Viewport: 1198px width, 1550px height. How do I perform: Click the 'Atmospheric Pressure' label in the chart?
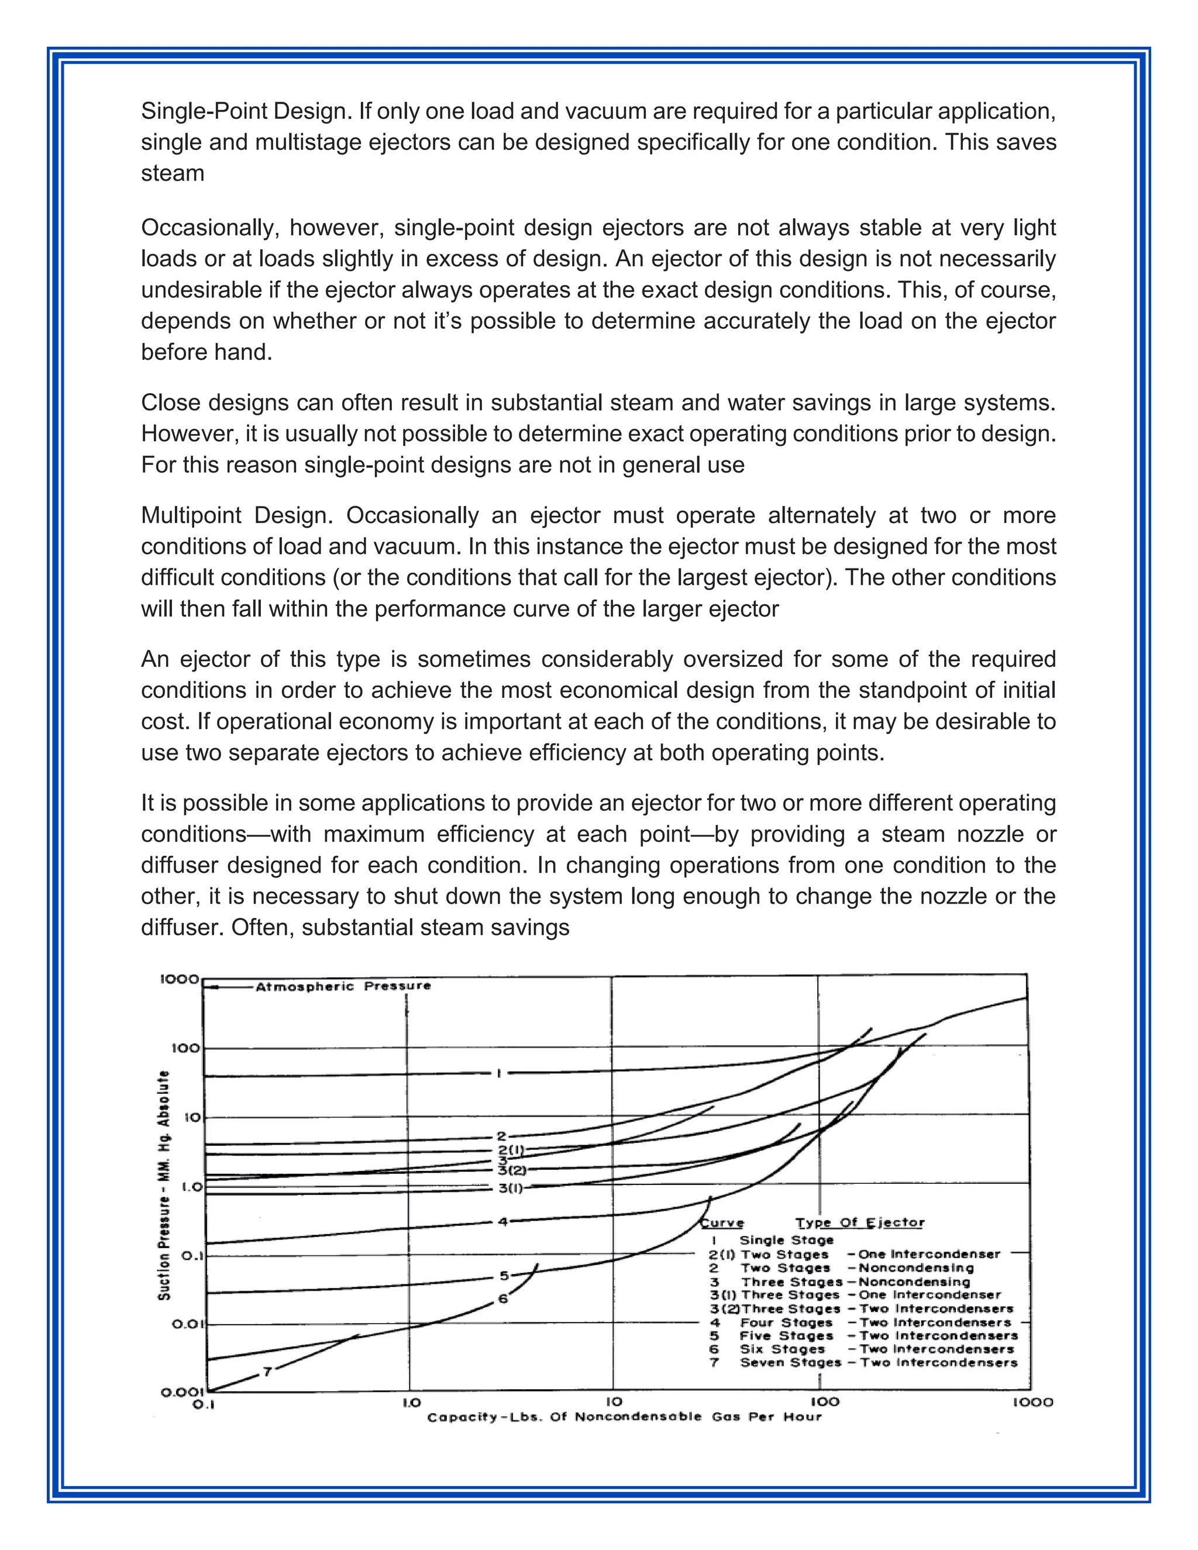[343, 987]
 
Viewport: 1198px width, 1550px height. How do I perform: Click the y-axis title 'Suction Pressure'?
[164, 1185]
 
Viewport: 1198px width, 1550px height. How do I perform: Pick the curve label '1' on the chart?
[498, 1074]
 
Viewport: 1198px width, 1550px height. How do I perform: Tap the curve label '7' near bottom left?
[267, 1373]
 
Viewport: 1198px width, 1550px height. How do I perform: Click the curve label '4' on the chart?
[502, 1222]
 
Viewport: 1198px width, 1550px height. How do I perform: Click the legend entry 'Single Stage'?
[786, 1241]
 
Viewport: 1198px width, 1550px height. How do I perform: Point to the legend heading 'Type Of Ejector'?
[859, 1223]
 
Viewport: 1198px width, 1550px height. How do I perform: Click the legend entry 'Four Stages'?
[786, 1323]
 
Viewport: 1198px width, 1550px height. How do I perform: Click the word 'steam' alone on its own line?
[173, 174]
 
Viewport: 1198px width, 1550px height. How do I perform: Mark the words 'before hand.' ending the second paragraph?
[206, 353]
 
